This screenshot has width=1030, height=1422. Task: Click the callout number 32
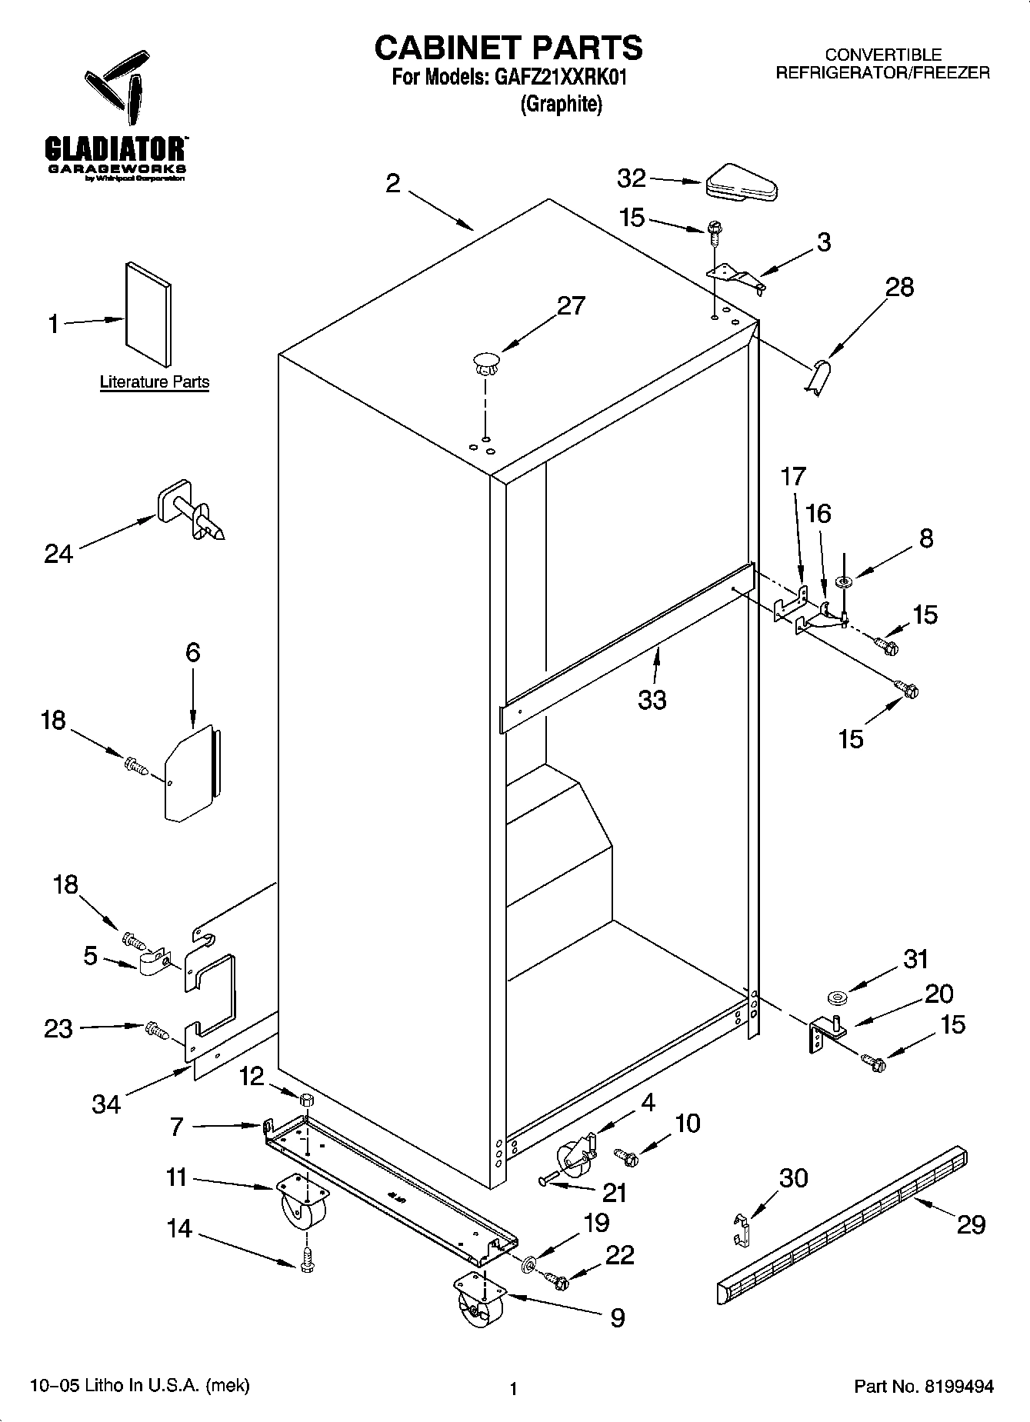[x=632, y=178]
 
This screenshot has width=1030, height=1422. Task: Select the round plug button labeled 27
[x=485, y=362]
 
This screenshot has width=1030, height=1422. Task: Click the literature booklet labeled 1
[x=148, y=314]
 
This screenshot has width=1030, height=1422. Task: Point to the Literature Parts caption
[x=155, y=382]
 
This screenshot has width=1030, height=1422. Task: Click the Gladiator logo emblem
[x=115, y=91]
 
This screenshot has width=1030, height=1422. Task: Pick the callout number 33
[x=652, y=700]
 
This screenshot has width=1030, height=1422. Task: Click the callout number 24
[x=58, y=554]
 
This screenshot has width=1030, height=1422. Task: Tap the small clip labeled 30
[x=741, y=1228]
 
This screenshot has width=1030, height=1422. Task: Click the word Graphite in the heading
[x=561, y=104]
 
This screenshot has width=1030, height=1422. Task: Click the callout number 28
[x=899, y=287]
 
